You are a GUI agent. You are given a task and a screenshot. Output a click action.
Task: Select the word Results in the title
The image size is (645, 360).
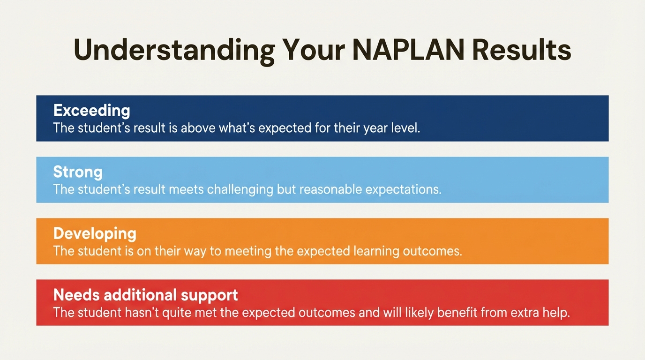521,49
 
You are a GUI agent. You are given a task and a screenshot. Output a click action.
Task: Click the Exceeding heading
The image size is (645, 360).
92,111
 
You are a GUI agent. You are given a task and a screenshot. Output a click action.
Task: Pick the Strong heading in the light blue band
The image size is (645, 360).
78,172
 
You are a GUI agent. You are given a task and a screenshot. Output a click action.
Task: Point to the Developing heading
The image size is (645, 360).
95,234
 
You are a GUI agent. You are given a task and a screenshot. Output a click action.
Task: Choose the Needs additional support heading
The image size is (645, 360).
146,295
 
